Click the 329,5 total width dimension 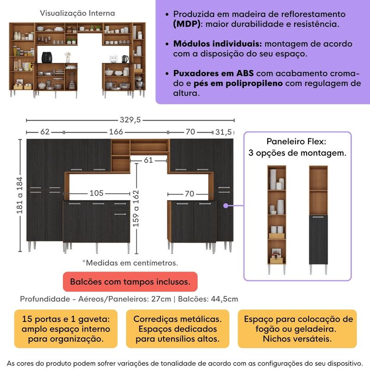(x=131, y=120)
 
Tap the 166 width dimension (x=116, y=132)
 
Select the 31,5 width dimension (x=224, y=132)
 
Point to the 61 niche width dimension (x=148, y=160)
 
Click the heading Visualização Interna (x=77, y=13)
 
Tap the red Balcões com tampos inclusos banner (x=129, y=281)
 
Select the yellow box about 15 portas (x=66, y=329)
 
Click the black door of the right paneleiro (x=318, y=240)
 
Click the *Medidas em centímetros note (x=130, y=263)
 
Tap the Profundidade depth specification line (x=129, y=299)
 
